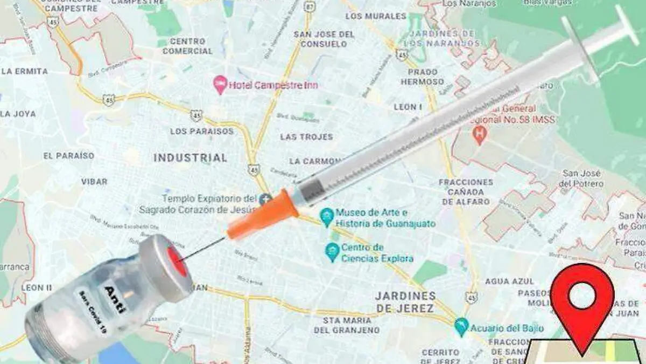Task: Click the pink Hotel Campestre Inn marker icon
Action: pos(220,84)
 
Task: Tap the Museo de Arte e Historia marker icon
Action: pos(326,217)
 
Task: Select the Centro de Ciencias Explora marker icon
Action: pos(333,252)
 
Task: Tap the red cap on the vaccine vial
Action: pos(177,262)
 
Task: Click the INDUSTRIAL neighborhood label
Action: pos(190,157)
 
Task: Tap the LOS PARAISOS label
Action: pos(202,131)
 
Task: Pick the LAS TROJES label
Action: pos(306,137)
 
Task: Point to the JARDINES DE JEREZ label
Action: pos(405,302)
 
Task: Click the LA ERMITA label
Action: pos(25,71)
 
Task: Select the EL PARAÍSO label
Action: pos(68,156)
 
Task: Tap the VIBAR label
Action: pos(94,182)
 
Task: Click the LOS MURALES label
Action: pos(368,16)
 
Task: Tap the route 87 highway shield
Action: pos(308,6)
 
